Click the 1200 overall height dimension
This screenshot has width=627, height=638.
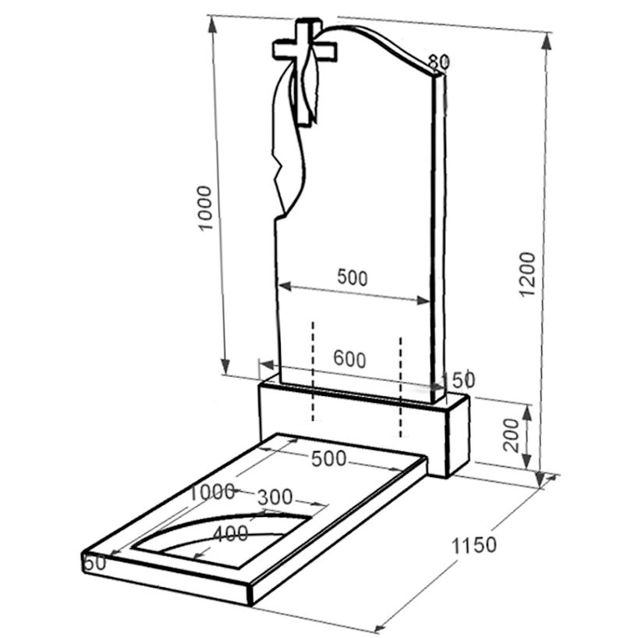[x=529, y=275]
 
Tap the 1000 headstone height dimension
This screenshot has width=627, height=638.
[x=205, y=209]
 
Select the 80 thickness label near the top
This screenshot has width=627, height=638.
[x=438, y=62]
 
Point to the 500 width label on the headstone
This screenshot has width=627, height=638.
[x=352, y=277]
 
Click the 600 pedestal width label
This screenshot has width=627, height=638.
[x=349, y=359]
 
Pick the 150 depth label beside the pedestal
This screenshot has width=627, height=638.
[x=458, y=380]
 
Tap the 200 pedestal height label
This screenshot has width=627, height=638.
[x=512, y=435]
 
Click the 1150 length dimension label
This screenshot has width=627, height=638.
[x=474, y=545]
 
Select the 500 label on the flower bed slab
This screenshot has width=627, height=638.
[x=329, y=458]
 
